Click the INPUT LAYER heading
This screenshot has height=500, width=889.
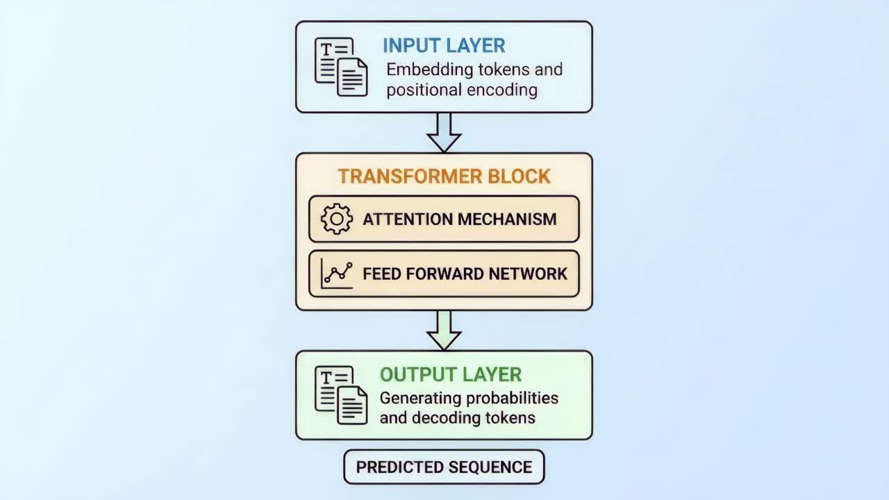tap(444, 46)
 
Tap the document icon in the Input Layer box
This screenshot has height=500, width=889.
tap(341, 67)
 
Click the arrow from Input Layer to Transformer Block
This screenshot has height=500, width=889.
tap(444, 132)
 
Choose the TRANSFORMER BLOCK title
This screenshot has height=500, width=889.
tap(444, 176)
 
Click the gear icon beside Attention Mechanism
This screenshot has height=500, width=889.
tap(337, 219)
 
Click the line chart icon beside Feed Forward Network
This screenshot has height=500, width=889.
tap(337, 274)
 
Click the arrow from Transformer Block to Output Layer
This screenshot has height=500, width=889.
tap(444, 330)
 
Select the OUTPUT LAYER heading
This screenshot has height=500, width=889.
tap(450, 374)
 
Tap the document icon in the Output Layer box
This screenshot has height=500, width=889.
tap(341, 395)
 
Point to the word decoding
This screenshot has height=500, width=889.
tap(454, 418)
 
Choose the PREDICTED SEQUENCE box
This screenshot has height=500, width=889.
tap(444, 467)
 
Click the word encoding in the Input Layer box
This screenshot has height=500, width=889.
tap(503, 90)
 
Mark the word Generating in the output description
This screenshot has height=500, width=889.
tap(422, 398)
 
